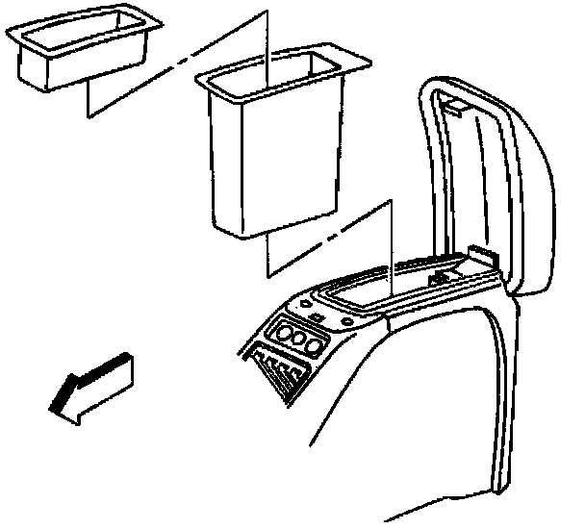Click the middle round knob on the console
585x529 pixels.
coord(297,340)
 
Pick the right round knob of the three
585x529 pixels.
coord(313,344)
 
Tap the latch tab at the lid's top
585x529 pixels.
coord(460,109)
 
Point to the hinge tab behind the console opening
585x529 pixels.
coord(481,258)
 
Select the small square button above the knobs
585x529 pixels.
coord(315,315)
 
